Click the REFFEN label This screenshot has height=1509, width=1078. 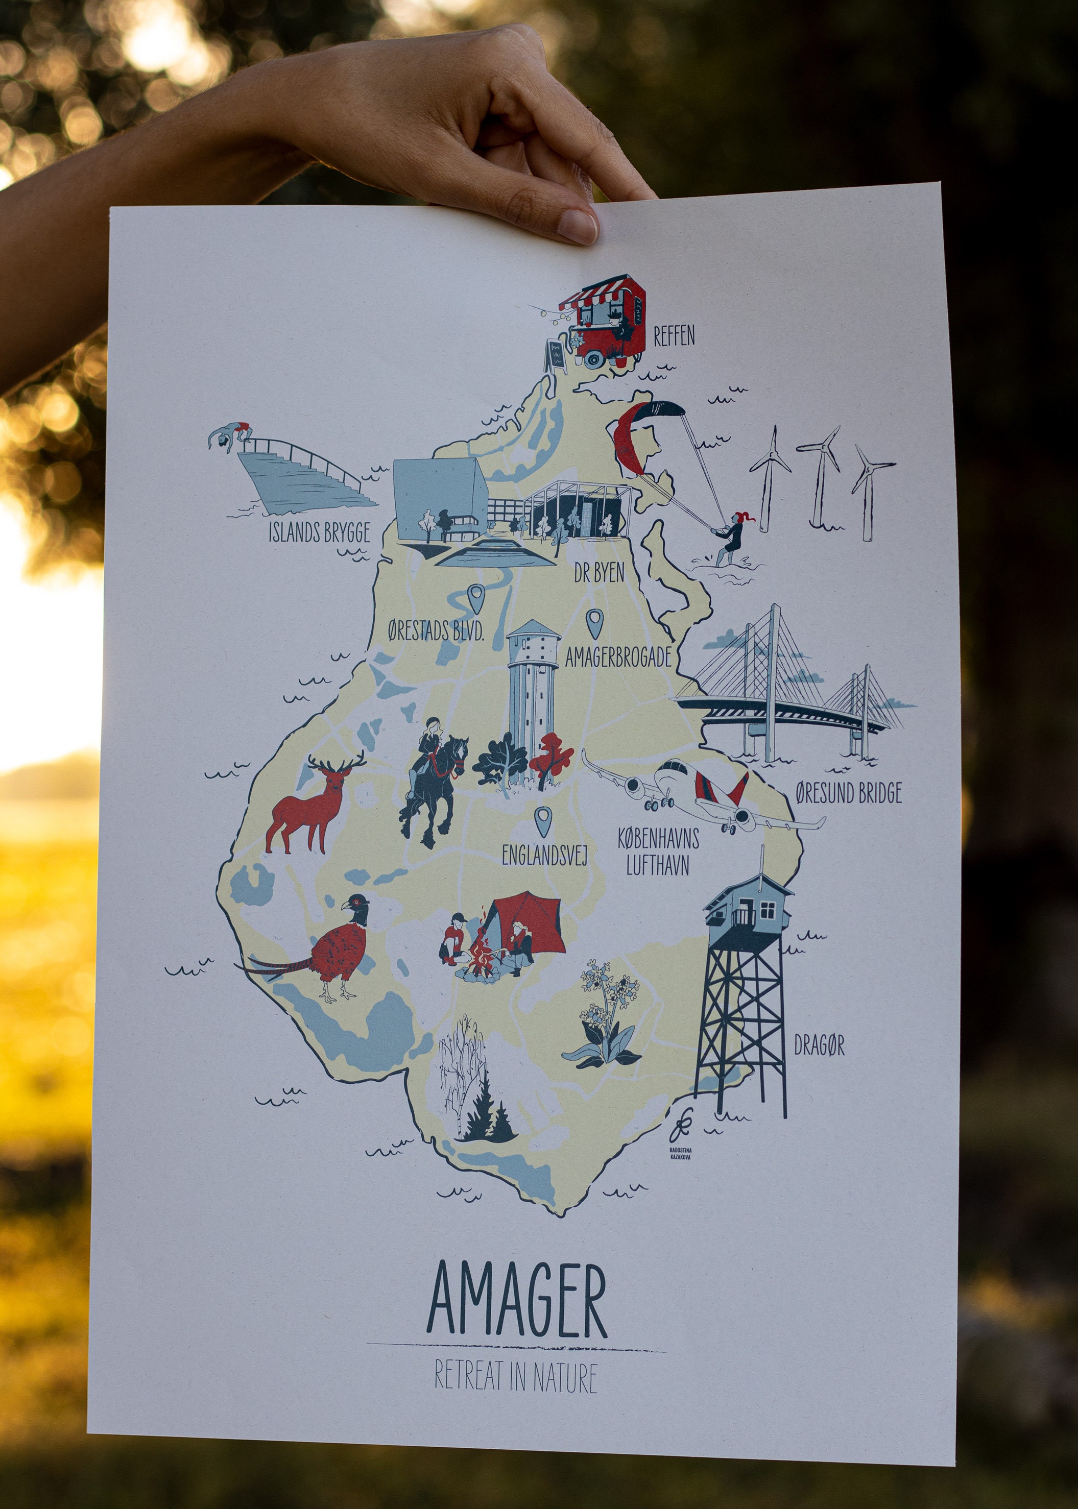674,336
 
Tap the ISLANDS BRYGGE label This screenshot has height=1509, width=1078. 319,532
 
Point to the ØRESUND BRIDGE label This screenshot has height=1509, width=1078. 848,793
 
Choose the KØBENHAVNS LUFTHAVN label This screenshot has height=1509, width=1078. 658,852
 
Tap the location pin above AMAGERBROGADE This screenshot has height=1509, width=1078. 593,622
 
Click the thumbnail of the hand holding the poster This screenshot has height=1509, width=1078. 578,224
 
